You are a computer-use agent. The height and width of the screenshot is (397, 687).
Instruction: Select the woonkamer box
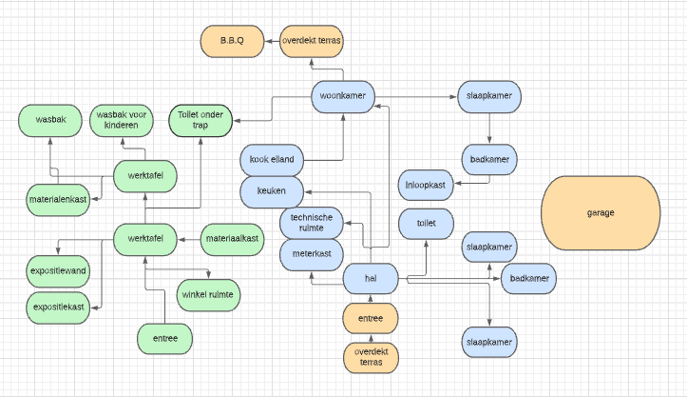343,95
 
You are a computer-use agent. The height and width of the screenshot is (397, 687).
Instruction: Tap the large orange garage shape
601,211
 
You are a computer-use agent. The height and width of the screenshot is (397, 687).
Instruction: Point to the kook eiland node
271,159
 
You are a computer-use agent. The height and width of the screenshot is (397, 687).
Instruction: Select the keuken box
271,190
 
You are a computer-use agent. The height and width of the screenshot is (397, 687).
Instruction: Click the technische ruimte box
311,224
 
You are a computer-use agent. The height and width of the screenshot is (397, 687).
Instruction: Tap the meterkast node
311,254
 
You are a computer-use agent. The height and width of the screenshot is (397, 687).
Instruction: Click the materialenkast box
57,199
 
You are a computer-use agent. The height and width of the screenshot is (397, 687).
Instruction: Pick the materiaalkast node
232,237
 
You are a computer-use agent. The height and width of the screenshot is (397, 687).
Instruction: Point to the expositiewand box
58,271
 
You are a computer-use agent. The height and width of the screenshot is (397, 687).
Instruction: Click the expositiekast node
58,308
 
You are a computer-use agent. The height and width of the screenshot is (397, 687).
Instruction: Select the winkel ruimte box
208,294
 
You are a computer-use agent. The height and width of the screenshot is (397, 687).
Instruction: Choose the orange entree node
371,317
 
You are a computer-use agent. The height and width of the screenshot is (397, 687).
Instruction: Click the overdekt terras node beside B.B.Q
312,42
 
